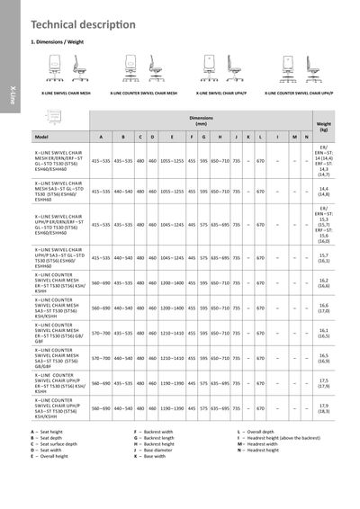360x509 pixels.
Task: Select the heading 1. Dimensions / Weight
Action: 59,42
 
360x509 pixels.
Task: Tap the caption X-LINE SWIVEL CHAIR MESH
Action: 67,92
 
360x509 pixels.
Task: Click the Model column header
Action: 40,136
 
